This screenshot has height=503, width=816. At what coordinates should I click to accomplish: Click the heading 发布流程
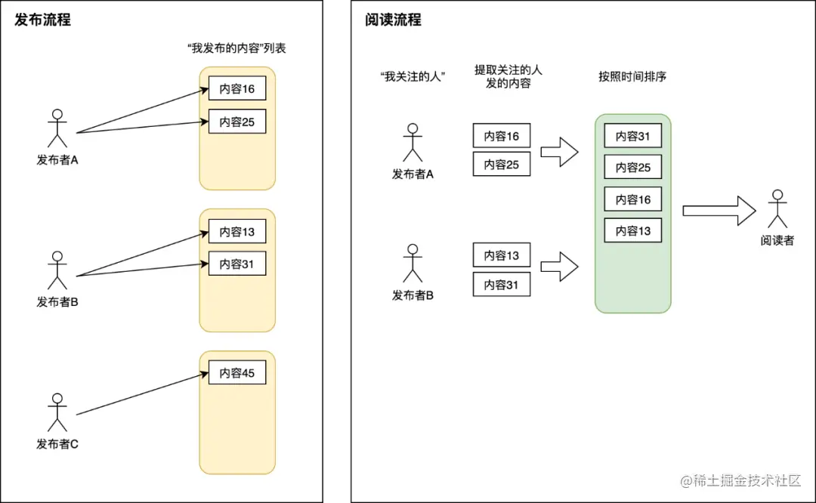43,20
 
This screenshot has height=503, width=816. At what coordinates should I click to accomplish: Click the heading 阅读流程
393,20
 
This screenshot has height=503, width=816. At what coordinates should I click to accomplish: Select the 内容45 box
237,373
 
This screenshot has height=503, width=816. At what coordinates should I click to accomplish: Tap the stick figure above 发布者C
57,412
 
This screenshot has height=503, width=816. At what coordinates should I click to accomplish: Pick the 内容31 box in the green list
633,136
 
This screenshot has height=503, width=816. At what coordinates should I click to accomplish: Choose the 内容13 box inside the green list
633,231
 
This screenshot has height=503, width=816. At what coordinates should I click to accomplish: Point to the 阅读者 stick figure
777,209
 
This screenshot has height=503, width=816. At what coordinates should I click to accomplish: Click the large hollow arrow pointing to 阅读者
719,211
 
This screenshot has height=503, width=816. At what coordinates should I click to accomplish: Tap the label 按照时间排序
632,76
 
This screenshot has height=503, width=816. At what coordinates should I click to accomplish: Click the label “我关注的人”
412,76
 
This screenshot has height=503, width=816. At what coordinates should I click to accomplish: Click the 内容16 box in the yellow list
237,89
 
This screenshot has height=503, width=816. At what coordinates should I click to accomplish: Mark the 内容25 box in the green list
633,168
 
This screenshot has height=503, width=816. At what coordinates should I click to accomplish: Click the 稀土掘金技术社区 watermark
740,480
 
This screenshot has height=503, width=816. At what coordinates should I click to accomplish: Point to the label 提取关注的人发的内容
508,76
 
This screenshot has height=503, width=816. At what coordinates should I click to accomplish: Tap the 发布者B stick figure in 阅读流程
413,264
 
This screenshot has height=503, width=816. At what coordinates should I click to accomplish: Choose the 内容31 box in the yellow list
237,264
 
